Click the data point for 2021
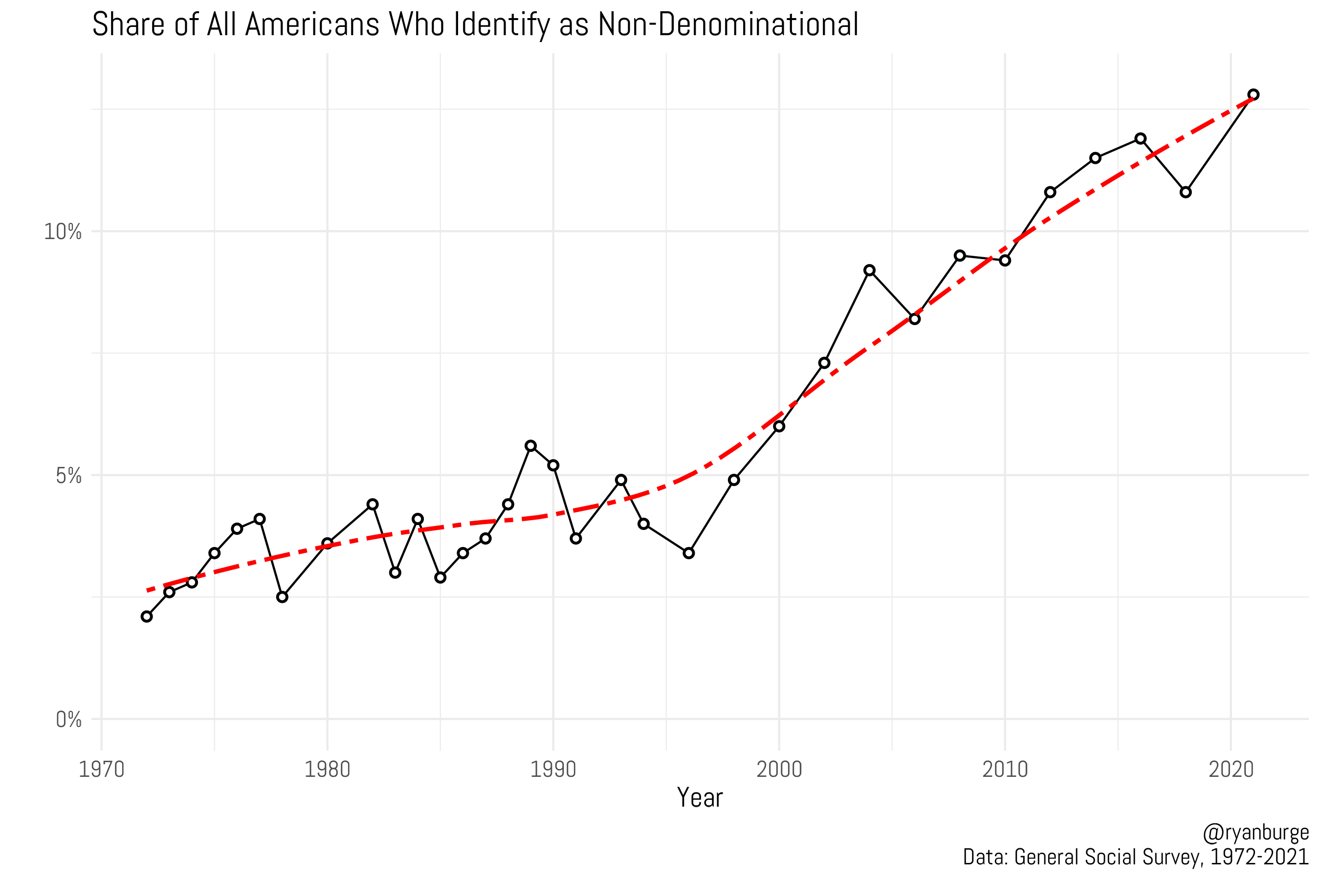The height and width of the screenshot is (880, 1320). [x=1253, y=95]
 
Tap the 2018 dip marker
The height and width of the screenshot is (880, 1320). [x=1185, y=193]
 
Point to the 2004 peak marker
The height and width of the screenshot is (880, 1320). [x=869, y=270]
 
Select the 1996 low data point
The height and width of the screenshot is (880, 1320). [x=689, y=553]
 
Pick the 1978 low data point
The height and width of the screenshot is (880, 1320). [x=282, y=597]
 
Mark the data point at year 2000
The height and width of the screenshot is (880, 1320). [x=779, y=426]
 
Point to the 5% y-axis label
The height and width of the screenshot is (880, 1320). [x=68, y=476]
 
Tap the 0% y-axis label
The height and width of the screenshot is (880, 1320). [x=68, y=720]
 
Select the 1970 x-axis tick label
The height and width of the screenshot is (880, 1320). [x=102, y=770]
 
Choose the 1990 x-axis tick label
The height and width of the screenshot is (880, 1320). [x=553, y=770]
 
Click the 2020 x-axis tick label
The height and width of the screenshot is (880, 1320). [x=1231, y=770]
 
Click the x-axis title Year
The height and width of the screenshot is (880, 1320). [x=699, y=797]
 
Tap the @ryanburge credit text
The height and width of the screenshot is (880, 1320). [x=1255, y=833]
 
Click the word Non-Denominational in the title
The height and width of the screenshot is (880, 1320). [x=728, y=25]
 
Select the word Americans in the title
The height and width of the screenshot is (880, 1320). [x=312, y=25]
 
